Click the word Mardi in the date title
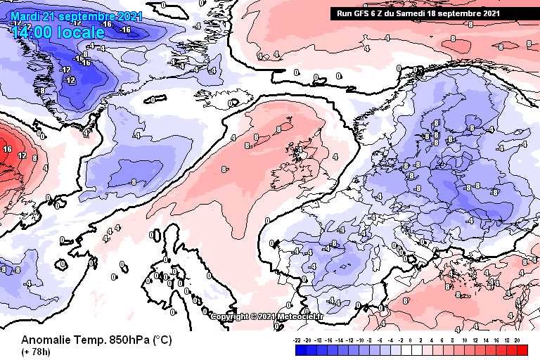[x=26, y=16]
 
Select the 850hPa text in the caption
[x=125, y=340]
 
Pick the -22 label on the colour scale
[x=297, y=340]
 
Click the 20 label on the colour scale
[x=517, y=340]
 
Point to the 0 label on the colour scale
[x=412, y=340]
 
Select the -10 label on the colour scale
[x=360, y=340]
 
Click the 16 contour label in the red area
[x=6, y=149]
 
